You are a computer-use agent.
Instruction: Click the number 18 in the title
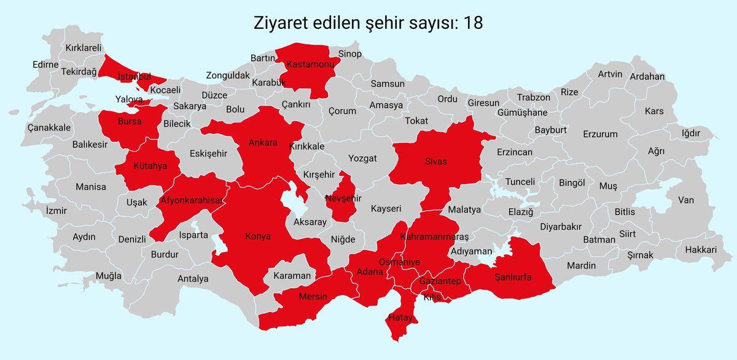pyautogui.click(x=473, y=23)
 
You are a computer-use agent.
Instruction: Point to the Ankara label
pyautogui.click(x=263, y=143)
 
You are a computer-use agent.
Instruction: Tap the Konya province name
pyautogui.click(x=258, y=236)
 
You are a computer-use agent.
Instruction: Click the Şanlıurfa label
pyautogui.click(x=513, y=277)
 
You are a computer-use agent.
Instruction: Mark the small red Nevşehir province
pyautogui.click(x=344, y=198)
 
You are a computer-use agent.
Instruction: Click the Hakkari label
pyautogui.click(x=701, y=250)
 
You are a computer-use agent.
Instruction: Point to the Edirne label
pyautogui.click(x=45, y=64)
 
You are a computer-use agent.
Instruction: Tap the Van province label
pyautogui.click(x=685, y=200)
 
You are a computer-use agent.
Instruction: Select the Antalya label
pyautogui.click(x=193, y=278)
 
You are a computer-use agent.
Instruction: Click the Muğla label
pyautogui.click(x=109, y=276)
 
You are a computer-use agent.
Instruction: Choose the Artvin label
pyautogui.click(x=610, y=74)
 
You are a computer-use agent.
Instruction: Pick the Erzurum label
pyautogui.click(x=600, y=133)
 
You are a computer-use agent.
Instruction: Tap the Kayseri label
pyautogui.click(x=386, y=209)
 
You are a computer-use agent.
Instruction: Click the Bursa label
pyautogui.click(x=130, y=122)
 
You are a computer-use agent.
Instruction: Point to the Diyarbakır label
pyautogui.click(x=560, y=226)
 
